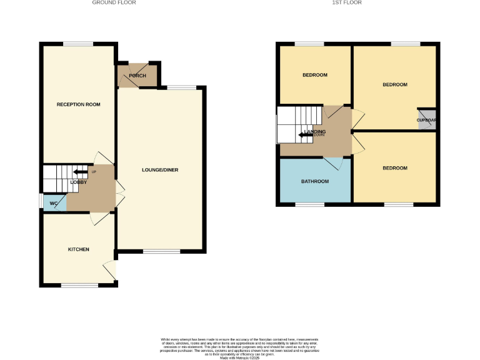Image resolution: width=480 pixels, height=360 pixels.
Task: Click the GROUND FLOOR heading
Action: coord(114,2)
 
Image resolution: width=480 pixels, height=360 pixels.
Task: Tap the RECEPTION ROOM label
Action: coord(79,104)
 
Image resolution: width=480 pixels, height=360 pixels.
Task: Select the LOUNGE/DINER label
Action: coord(160,170)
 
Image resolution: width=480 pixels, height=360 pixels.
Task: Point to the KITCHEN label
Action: coord(79,249)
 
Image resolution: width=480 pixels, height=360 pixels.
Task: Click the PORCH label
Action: coord(137,76)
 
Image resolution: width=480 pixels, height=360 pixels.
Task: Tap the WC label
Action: coord(54,203)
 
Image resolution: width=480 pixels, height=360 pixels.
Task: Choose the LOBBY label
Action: coord(78,182)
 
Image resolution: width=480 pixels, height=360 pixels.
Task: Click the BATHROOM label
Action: coord(315,182)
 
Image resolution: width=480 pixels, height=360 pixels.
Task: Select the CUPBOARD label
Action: coord(427,121)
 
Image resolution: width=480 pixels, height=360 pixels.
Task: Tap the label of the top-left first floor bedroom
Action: coord(315,75)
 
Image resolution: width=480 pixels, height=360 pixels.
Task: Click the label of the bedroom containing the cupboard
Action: coord(395,84)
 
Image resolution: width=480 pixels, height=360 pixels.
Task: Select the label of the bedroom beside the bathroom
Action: coord(395,168)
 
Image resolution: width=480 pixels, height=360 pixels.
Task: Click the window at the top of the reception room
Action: coord(78,43)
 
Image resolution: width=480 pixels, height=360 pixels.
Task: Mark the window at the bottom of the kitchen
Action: coord(79,286)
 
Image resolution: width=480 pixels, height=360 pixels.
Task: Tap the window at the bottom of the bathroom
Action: coord(309,204)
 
